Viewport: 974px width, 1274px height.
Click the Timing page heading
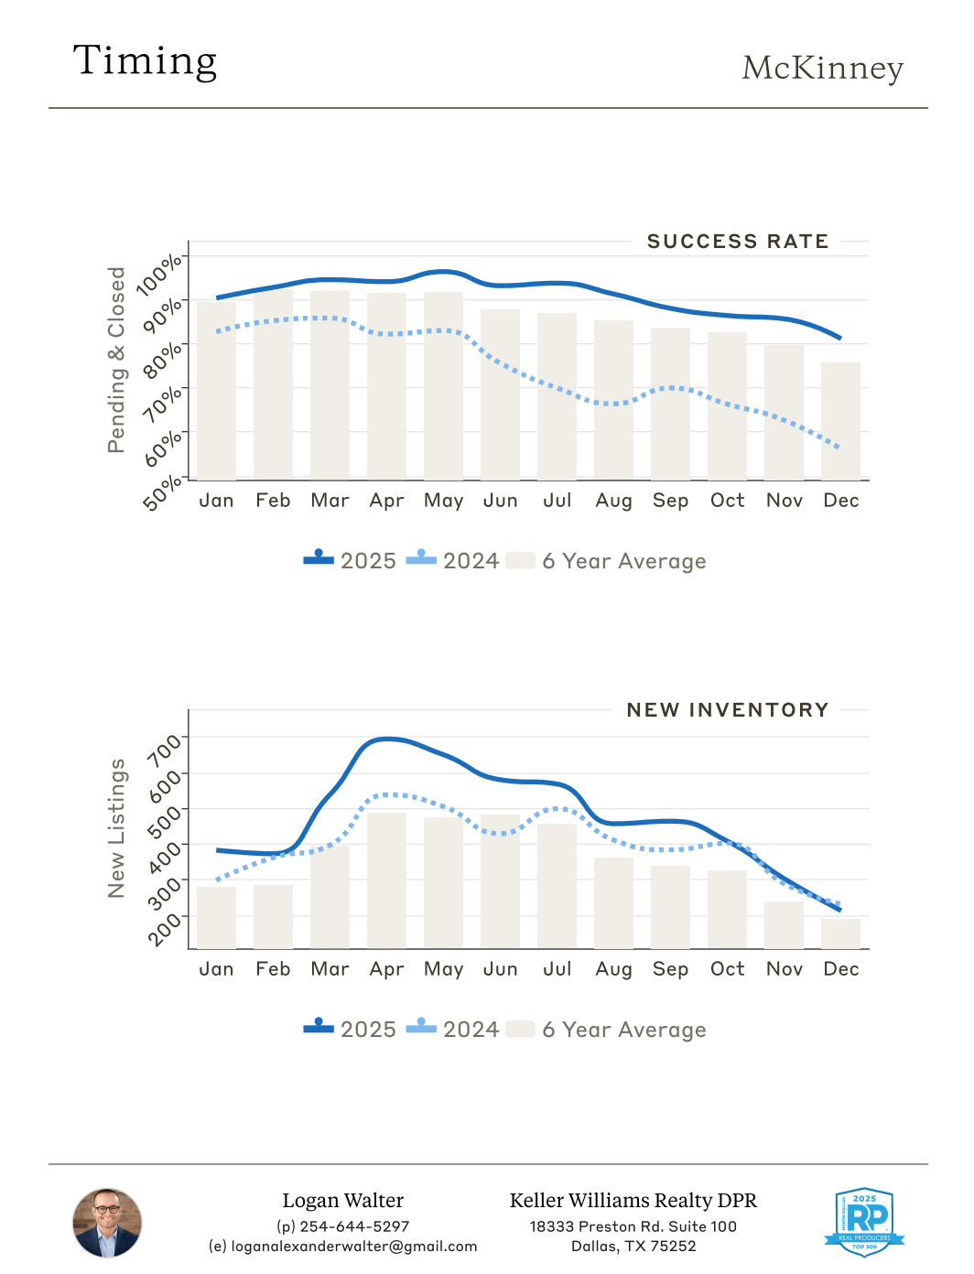[145, 61]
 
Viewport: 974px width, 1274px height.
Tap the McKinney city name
[822, 68]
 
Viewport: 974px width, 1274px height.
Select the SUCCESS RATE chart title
[737, 242]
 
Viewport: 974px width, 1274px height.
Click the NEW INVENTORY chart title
[727, 710]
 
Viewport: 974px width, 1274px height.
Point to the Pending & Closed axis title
[116, 360]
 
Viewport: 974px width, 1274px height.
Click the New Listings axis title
[116, 828]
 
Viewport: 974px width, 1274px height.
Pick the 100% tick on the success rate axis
[160, 275]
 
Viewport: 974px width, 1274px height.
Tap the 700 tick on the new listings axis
[166, 750]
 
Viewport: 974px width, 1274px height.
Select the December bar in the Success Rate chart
[840, 421]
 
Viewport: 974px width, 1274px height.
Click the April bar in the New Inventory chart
[386, 880]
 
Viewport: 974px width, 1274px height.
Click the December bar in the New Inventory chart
[840, 934]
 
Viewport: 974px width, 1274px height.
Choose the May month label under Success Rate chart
[443, 501]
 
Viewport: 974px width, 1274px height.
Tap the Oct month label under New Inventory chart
[727, 969]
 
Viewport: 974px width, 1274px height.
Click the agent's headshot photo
[107, 1223]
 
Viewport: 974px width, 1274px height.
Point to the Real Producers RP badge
[864, 1222]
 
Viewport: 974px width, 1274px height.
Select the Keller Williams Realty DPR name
[633, 1201]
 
